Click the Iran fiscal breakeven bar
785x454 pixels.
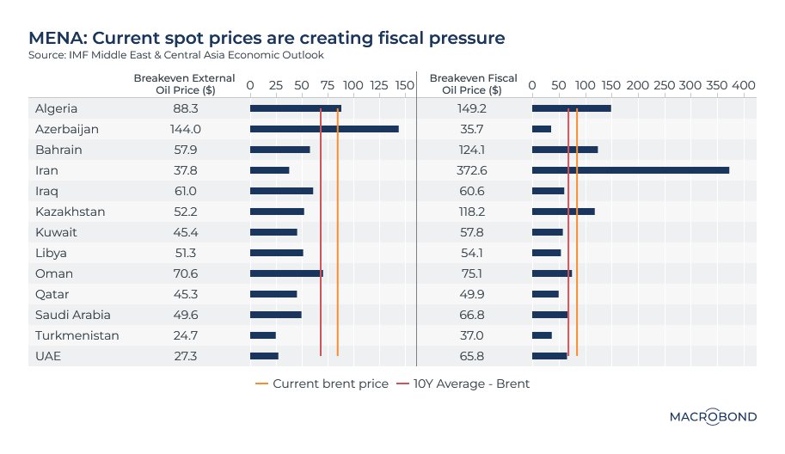click(x=630, y=170)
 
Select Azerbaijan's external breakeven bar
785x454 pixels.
click(x=324, y=129)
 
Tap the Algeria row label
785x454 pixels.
click(x=57, y=108)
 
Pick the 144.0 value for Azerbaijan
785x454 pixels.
click(x=186, y=129)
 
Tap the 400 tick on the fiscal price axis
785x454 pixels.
click(x=743, y=86)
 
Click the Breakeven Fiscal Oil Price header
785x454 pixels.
click(x=473, y=83)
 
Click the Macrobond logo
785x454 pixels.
click(x=713, y=417)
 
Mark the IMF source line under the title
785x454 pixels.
click(x=176, y=55)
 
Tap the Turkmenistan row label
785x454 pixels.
click(x=77, y=335)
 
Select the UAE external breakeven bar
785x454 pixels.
click(x=264, y=356)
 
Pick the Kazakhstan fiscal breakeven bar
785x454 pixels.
click(x=563, y=212)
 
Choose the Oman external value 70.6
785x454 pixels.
click(x=186, y=273)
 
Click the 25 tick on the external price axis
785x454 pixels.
click(x=276, y=86)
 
